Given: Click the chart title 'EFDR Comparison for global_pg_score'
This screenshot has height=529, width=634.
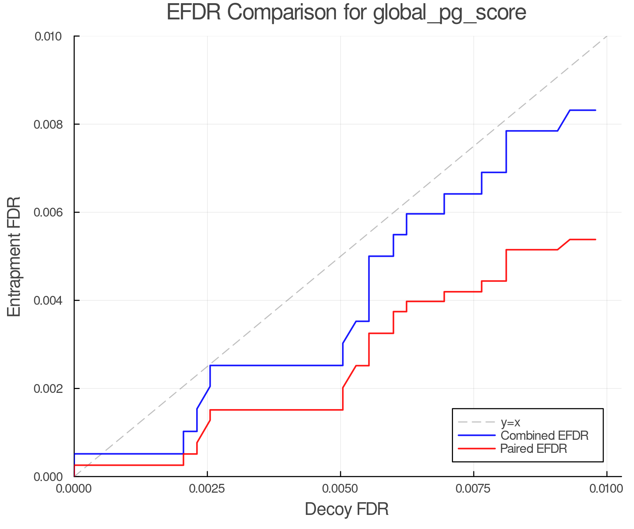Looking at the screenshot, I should coord(346,13).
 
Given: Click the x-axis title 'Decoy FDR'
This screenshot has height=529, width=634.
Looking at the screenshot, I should coord(347,509).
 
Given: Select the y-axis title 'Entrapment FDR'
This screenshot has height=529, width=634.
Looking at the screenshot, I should coord(14,256).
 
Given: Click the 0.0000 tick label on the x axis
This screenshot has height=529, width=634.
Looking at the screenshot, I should coord(74,489).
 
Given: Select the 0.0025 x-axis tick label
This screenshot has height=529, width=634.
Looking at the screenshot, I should coord(207,489).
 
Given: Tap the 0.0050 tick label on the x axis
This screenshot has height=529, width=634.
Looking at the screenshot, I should coord(340,489).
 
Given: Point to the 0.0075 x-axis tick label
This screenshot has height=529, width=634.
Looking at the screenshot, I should coord(473,489).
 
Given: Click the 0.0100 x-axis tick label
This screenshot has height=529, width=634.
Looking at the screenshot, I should coord(607,489).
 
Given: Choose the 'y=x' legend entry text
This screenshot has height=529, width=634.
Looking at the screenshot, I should coord(510,422).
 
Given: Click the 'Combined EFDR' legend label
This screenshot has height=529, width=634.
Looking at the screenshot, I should coord(544,436).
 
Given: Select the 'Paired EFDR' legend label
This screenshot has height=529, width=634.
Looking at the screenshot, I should coord(534,449).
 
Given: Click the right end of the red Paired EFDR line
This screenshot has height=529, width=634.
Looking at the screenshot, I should coord(596,239).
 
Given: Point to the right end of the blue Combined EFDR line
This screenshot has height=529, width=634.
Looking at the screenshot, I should coord(596,110).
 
